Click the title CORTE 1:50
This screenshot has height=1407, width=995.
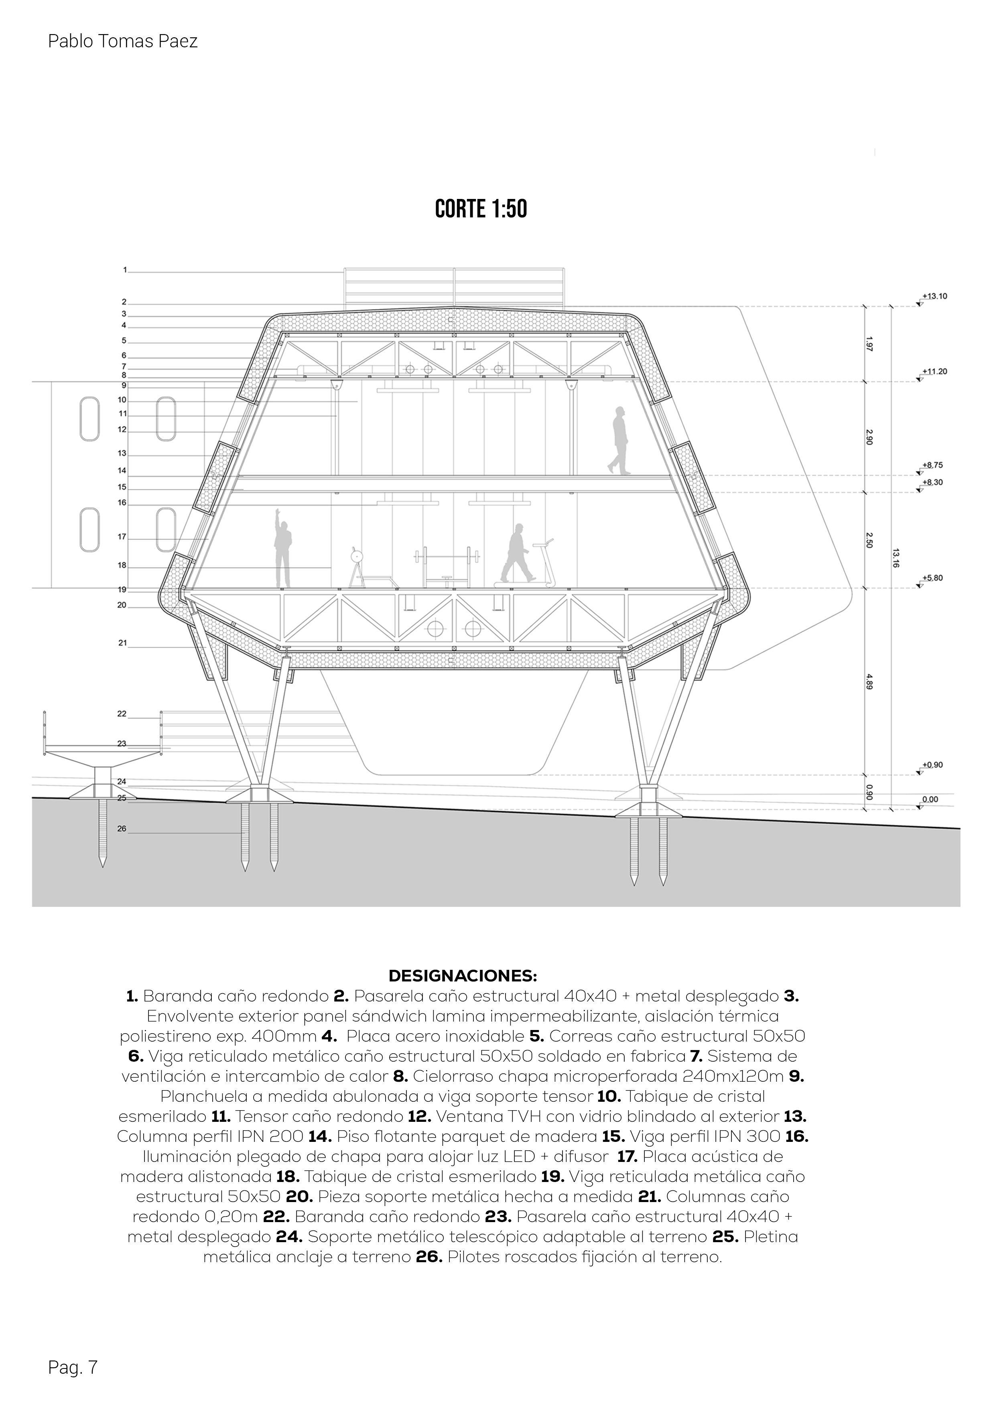point(481,210)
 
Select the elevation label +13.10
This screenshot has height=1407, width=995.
point(934,296)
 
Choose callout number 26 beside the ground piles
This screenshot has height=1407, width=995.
point(122,829)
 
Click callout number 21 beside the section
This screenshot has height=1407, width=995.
point(123,643)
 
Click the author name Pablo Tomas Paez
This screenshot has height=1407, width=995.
point(123,42)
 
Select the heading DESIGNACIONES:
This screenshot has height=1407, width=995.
point(463,975)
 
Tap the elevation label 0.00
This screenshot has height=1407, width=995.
point(930,799)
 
